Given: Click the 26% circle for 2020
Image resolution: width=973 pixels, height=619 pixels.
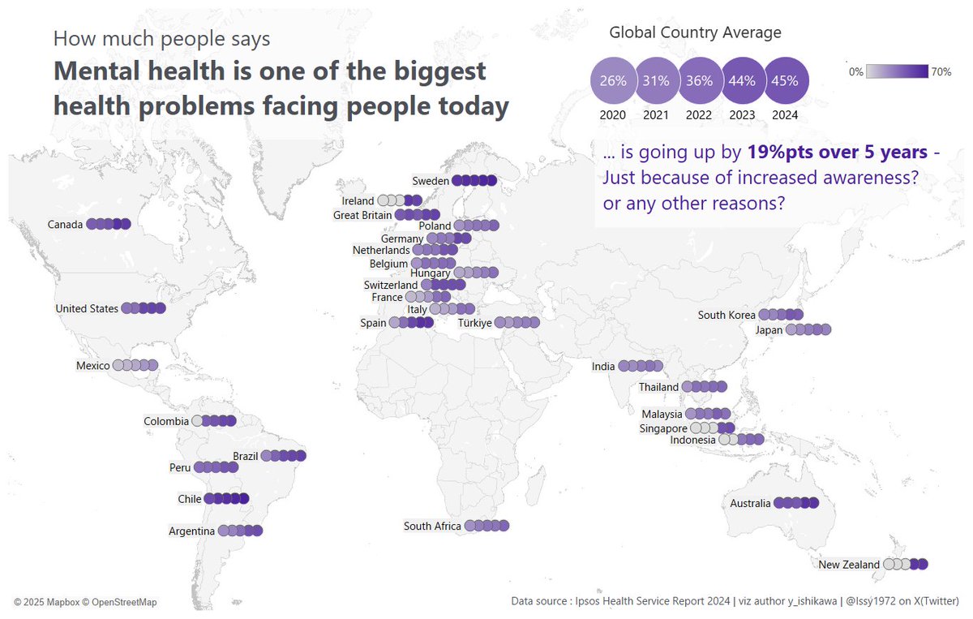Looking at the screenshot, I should [x=613, y=80].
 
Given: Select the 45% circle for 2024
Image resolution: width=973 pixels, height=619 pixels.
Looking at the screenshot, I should [x=785, y=80].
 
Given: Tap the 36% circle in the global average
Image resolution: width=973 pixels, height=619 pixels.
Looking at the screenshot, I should [x=699, y=80].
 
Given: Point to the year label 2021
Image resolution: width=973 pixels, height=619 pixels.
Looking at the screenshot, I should [x=656, y=115].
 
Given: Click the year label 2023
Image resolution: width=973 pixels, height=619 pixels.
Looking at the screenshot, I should [x=742, y=115].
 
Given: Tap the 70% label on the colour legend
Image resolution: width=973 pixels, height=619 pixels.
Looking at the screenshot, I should [x=941, y=72].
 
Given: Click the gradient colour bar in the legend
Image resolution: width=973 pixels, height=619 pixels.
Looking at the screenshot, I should [x=897, y=72].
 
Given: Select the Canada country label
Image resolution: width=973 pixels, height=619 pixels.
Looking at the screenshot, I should [x=65, y=225].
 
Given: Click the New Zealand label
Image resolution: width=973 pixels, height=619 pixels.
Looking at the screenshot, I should [x=848, y=565].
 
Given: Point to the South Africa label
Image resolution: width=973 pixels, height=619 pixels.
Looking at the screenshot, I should [x=432, y=527].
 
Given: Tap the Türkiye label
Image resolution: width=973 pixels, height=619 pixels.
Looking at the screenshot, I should [x=475, y=323].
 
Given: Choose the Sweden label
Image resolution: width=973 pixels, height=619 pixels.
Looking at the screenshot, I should [x=430, y=181].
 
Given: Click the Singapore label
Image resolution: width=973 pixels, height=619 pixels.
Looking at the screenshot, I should [x=663, y=428].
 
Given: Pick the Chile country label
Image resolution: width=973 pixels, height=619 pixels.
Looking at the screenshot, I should [x=189, y=499].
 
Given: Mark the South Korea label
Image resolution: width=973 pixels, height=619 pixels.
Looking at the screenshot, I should [x=727, y=315].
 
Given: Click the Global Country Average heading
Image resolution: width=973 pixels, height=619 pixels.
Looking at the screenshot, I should [x=695, y=33].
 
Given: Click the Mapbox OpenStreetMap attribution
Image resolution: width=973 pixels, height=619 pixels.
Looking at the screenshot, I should [x=85, y=602].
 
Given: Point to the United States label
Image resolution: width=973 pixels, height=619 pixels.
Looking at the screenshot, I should [x=86, y=308].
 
